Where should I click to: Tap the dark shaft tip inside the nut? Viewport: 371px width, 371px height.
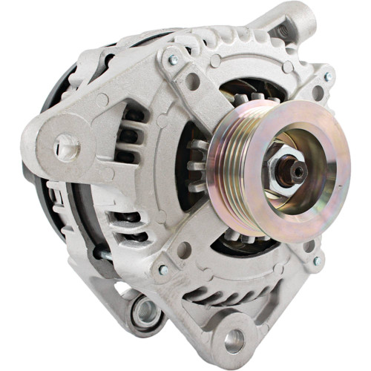[x=298, y=171]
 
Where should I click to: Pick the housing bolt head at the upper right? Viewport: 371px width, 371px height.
[x=327, y=76]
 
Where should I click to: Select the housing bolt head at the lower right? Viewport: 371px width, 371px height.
[x=317, y=261]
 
